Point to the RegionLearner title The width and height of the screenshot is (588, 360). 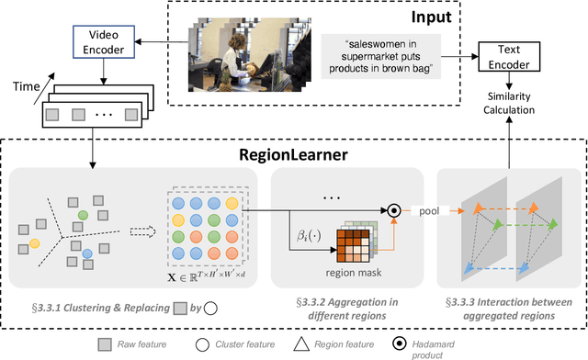[293, 155]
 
